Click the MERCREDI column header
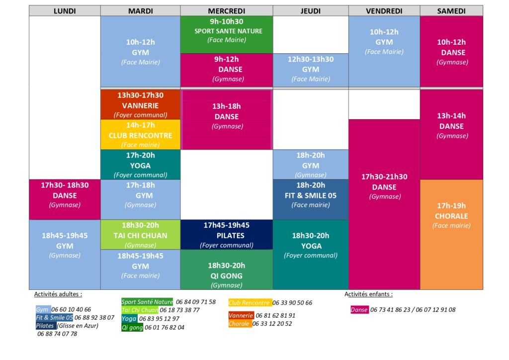pos(226,11)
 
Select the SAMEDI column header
pos(451,11)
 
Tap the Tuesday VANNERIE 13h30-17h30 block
pos(141,105)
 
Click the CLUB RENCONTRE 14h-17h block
pos(141,135)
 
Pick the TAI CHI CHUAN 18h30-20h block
pos(141,235)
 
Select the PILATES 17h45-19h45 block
pos(226,235)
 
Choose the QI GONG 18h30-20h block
pos(226,270)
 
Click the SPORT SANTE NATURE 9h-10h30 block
pos(226,34)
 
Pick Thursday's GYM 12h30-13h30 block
pos(310,69)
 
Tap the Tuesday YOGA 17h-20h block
pos(141,165)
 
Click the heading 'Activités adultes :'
pos(58,294)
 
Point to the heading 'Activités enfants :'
pos(368,294)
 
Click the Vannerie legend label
pos(241,315)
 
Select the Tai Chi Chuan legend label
pos(140,310)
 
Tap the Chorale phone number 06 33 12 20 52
pos(272,324)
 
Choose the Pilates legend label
pos(45,326)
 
